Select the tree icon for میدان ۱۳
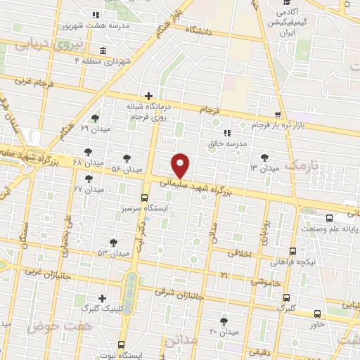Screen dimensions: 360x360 264,157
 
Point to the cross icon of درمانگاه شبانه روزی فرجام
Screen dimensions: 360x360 148,96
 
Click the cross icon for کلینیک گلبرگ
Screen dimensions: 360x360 103,298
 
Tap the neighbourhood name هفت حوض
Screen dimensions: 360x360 51,326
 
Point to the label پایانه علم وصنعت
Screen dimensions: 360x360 330,229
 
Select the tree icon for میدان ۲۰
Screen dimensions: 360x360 224,321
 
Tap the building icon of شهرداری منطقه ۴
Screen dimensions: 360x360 103,51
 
